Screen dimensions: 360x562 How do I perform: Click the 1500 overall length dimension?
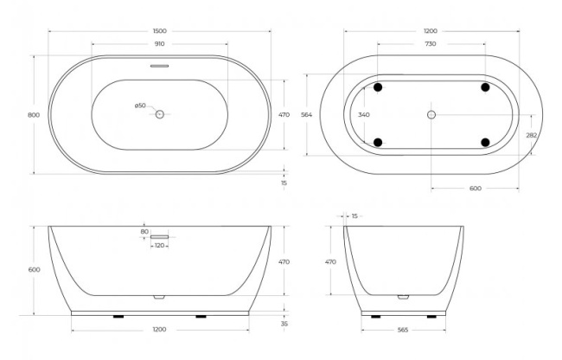[159, 31]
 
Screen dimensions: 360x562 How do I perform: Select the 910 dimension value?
[159, 44]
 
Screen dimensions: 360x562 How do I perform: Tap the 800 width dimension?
[34, 114]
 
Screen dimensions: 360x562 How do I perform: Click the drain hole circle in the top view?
[159, 114]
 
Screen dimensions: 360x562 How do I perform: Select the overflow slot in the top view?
[159, 64]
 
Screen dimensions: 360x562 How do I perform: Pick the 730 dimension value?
[431, 44]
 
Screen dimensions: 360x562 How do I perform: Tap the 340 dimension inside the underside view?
[363, 114]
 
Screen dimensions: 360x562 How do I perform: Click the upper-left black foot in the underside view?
[378, 87]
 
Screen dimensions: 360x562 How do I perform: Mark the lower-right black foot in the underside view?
[485, 141]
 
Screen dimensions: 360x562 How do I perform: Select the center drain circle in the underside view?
[431, 114]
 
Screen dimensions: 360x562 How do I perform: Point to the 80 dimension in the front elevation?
[144, 231]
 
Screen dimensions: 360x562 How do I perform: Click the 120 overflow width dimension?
[159, 246]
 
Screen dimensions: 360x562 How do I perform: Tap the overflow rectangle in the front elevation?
[160, 235]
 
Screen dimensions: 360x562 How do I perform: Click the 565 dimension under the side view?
[403, 330]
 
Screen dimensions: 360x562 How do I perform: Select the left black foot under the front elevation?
[119, 317]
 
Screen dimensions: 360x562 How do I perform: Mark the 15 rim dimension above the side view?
[355, 216]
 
